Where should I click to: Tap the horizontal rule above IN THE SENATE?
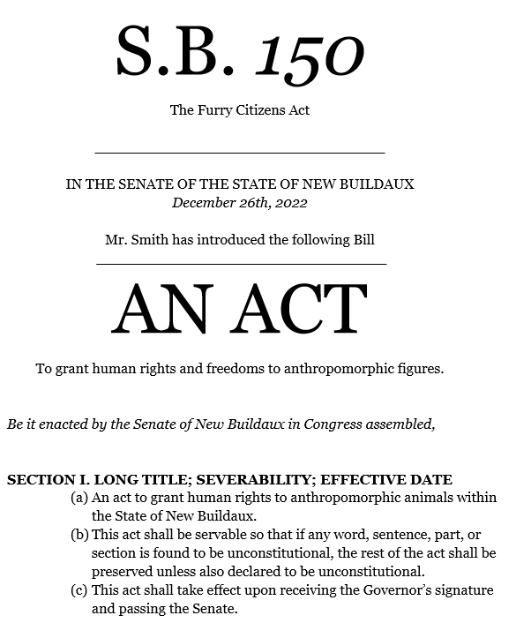coord(240,154)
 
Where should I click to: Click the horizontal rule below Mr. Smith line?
coord(241,263)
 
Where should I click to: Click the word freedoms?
coord(247,368)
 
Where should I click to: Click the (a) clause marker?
coord(79,498)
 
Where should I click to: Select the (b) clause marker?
coord(79,535)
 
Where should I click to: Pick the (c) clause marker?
coord(79,590)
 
